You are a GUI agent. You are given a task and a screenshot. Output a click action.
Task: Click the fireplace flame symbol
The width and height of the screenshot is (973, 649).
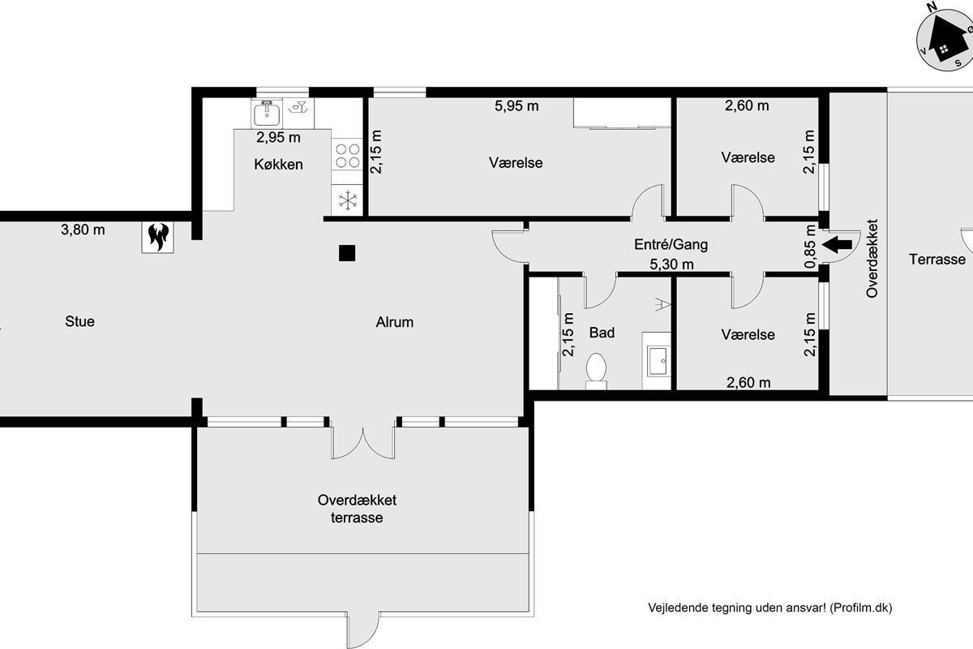tap(157, 237)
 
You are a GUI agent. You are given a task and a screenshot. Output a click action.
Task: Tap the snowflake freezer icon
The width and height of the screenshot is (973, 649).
tap(348, 200)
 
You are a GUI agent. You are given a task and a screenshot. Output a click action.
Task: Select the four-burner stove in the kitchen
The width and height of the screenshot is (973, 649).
tap(348, 156)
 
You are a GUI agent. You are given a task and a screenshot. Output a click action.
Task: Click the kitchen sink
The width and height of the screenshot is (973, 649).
tap(267, 113)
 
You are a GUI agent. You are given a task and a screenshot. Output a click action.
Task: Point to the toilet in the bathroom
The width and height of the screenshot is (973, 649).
tap(596, 372)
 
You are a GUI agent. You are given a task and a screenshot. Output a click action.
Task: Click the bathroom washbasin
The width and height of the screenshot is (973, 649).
tap(658, 361)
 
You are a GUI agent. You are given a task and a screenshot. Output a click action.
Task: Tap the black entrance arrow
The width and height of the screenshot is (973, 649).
tap(837, 244)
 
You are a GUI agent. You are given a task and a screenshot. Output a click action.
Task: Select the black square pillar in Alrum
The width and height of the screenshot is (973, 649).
tap(347, 253)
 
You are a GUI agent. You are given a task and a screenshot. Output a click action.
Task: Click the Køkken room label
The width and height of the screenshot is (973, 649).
tap(278, 165)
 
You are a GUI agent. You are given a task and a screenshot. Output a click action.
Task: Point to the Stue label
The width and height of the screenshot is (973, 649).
tap(80, 321)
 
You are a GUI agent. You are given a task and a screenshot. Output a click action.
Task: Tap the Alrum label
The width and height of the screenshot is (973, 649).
tap(394, 322)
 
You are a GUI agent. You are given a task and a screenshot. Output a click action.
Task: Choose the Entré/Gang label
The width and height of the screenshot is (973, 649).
tap(671, 244)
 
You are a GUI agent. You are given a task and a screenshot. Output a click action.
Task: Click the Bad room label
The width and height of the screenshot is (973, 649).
tap(602, 333)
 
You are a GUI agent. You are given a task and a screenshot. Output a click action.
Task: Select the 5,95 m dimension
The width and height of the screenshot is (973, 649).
tap(517, 105)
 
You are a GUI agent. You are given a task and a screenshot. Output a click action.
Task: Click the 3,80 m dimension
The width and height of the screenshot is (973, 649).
tap(83, 230)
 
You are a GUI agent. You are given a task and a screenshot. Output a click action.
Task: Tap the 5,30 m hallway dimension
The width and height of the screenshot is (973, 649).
tap(671, 264)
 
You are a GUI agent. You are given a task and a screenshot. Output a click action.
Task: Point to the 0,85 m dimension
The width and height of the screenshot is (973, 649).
tap(811, 247)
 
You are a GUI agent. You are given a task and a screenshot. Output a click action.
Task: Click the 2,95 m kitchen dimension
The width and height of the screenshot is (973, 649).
tap(278, 137)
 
